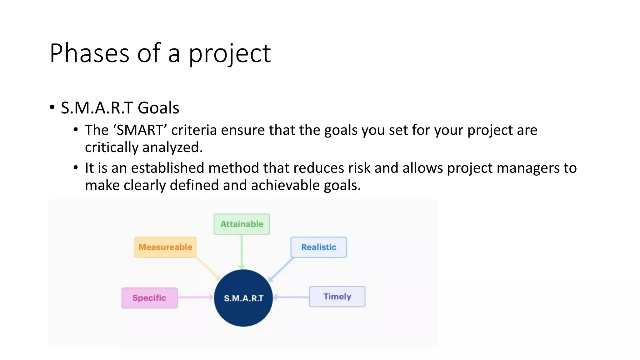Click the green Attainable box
[242, 224]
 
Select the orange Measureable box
[165, 247]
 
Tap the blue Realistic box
[318, 247]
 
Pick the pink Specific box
[149, 298]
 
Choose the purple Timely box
[337, 297]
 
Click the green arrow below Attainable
[242, 252]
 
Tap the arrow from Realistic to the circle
[281, 269]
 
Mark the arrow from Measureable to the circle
[208, 269]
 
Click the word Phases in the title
[89, 53]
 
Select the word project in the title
[230, 54]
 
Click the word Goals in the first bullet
[158, 108]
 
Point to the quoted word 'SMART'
[140, 130]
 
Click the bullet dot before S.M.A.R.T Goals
[52, 107]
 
